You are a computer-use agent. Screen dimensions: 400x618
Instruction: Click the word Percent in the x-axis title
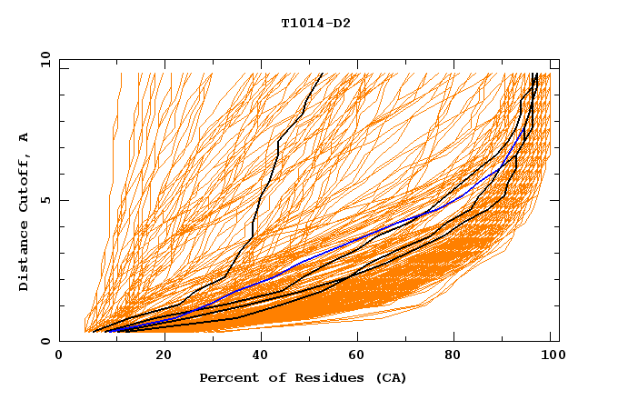[x=225, y=378]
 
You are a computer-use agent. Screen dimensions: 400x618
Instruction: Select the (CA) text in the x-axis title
[x=389, y=378]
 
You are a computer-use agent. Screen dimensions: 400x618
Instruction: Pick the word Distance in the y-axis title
[x=24, y=256]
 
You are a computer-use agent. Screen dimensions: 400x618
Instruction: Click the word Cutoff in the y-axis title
[x=24, y=181]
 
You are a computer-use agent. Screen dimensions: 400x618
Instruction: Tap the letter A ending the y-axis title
[x=24, y=136]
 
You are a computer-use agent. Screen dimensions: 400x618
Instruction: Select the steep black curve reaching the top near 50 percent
[x=278, y=142]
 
